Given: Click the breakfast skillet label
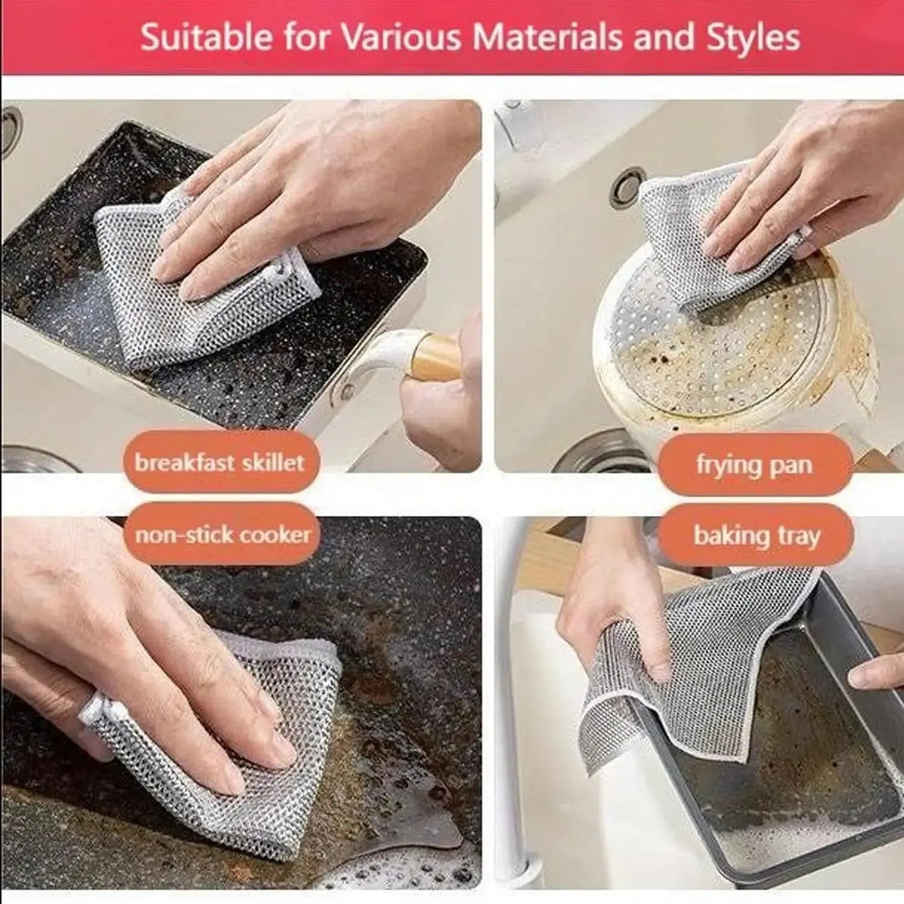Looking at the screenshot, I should pos(220,463).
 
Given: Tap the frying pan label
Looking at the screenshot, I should pos(754,465).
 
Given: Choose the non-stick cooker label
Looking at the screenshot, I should pos(222,535).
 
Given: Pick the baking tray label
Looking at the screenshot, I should pos(756,536).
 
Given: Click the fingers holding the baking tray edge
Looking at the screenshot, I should pos(877,672).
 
